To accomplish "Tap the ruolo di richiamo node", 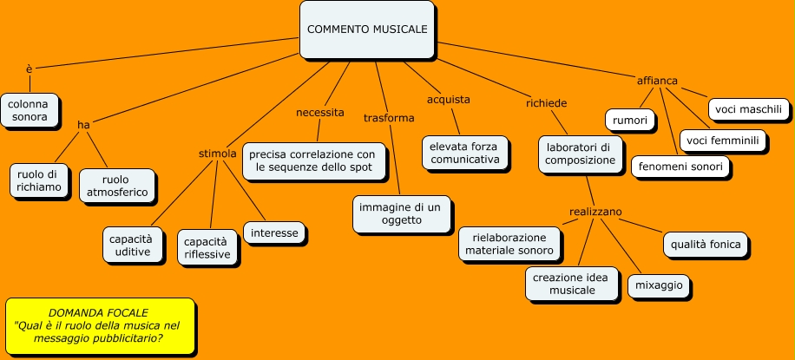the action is tap(40, 180).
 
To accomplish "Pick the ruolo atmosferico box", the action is tap(117, 185).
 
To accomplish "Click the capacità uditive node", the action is tap(132, 245).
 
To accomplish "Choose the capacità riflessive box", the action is tap(207, 247).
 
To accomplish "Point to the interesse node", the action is tap(275, 233).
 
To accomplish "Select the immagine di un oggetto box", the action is tap(402, 213).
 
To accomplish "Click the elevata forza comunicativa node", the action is tap(464, 153).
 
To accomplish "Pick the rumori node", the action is tap(630, 121).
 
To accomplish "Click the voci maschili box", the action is tap(749, 109).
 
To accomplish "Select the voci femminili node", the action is tap(722, 141).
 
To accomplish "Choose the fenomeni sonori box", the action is tap(680, 167).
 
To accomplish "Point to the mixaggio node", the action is tap(660, 285).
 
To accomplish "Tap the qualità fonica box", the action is tap(706, 245).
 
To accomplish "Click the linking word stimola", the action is tap(218, 154).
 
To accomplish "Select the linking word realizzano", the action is tap(595, 212).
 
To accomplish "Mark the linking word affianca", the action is tap(657, 81).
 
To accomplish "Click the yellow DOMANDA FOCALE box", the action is tap(99, 325).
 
